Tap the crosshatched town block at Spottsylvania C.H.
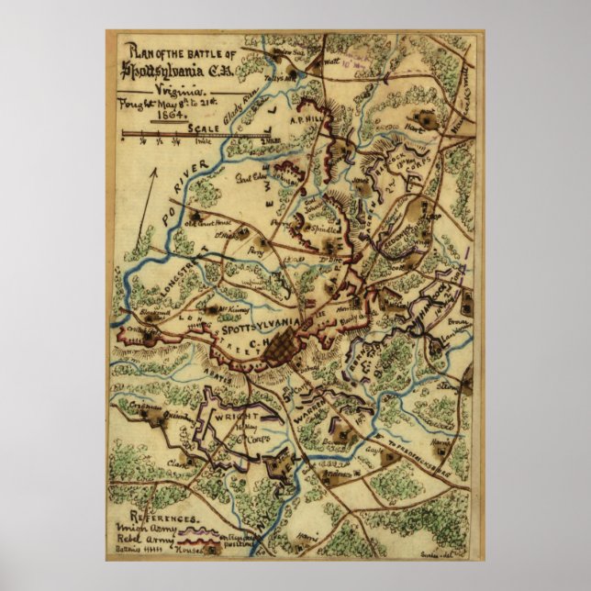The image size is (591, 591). pos(281,348)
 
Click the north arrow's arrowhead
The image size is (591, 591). pos(154,170)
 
